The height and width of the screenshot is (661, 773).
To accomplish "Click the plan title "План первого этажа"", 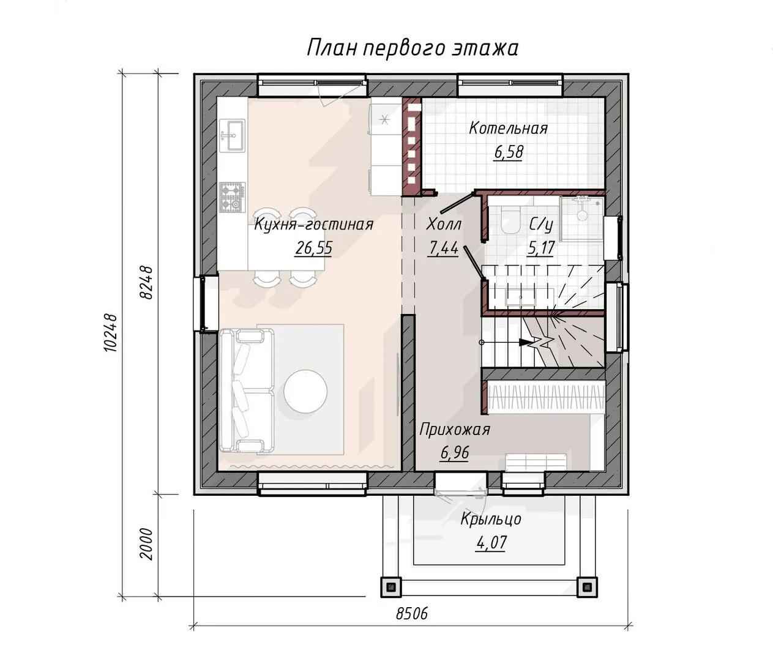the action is tap(413, 48).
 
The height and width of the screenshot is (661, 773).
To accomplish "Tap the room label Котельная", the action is tap(508, 129).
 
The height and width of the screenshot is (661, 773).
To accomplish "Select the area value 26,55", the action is tap(313, 248).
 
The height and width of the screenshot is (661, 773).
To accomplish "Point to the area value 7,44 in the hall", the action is tap(443, 248).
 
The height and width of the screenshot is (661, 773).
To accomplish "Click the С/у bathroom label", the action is tap(541, 225).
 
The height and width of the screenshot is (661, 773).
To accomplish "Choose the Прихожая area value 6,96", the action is tap(454, 453).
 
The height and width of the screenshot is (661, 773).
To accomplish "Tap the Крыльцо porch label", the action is tap(491, 519).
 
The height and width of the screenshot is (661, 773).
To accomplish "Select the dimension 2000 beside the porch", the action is tap(147, 544).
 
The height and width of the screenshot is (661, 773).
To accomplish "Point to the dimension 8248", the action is tap(147, 282).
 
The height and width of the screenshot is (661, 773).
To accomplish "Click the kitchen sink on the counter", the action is tap(232, 135).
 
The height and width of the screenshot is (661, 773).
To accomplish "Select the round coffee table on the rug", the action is tap(305, 391).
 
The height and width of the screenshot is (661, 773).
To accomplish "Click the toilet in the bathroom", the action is tap(510, 221).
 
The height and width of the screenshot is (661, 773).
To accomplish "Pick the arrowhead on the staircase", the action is tap(526, 342).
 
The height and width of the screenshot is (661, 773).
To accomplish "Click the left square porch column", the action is tap(391, 586).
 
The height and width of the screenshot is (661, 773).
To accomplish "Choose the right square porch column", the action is tap(588, 586).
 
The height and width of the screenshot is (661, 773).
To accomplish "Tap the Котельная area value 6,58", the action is tap(509, 152).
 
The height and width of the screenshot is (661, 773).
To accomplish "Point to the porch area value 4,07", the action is tap(491, 542).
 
